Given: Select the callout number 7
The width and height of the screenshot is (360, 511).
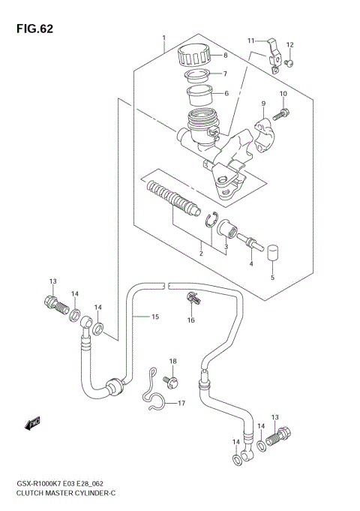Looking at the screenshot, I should click(x=223, y=74).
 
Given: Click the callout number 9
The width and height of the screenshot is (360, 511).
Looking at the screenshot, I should click(x=263, y=104).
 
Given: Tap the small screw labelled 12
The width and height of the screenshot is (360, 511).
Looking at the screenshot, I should click(x=290, y=62).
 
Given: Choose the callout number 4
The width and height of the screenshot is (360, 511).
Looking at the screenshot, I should click(x=251, y=263).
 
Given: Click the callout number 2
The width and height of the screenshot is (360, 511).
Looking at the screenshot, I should click(x=200, y=254).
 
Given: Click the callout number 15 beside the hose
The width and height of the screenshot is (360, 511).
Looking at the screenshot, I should click(x=155, y=317).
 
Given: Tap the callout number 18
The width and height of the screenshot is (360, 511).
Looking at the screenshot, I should click(x=172, y=362).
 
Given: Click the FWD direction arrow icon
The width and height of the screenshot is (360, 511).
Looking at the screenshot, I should click(x=32, y=425).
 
